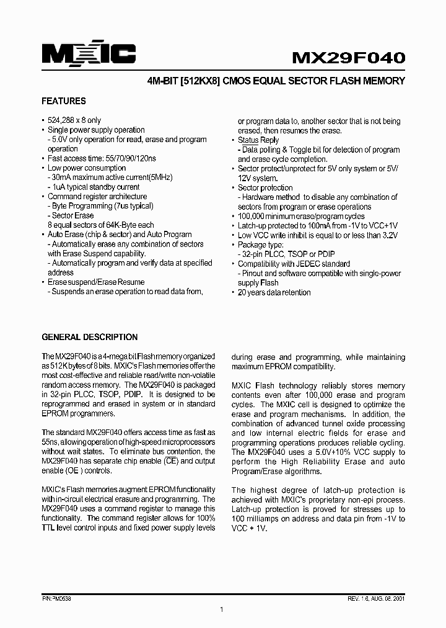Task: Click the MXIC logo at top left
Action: (x=89, y=55)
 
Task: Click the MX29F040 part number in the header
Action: (x=349, y=57)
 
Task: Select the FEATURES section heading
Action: (x=63, y=101)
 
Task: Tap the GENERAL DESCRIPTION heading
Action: (x=89, y=337)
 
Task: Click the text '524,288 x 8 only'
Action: (x=74, y=120)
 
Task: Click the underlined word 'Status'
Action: (x=248, y=140)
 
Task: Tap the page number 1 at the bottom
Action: (x=221, y=610)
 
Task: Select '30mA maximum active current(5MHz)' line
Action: (x=112, y=177)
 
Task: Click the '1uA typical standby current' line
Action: (x=96, y=187)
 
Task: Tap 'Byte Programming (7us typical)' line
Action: (x=103, y=206)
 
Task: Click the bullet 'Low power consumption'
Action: (x=87, y=168)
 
